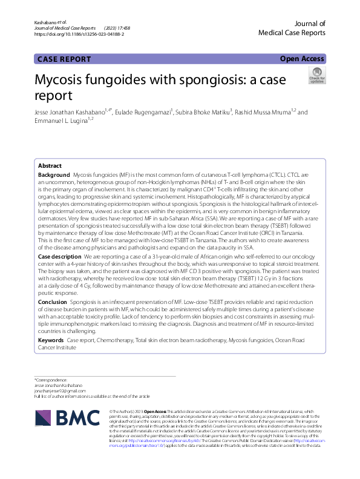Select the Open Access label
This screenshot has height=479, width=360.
[x=303, y=59]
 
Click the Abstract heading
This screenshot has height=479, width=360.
[x=50, y=166]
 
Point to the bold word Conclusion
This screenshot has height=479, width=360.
[x=53, y=301]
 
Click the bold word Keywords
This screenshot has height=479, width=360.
[x=51, y=340]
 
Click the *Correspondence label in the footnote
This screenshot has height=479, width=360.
[x=53, y=380]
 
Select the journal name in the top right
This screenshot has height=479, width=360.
[x=296, y=28]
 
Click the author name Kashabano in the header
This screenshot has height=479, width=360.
[x=46, y=21]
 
